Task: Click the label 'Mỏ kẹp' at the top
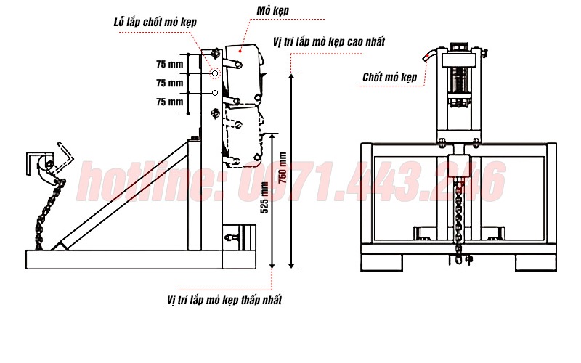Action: (x=273, y=11)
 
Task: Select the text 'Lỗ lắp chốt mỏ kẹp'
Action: (x=155, y=23)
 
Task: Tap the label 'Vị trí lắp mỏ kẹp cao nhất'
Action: (x=329, y=41)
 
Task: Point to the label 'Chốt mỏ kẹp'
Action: (x=390, y=77)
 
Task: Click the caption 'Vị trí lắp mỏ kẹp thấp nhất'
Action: (x=224, y=300)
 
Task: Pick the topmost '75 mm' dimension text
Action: (x=170, y=65)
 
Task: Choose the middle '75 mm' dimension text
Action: (x=170, y=83)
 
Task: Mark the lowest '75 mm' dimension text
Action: (x=170, y=102)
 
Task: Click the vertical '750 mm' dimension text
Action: (x=283, y=168)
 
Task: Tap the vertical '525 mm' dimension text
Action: (x=264, y=197)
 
